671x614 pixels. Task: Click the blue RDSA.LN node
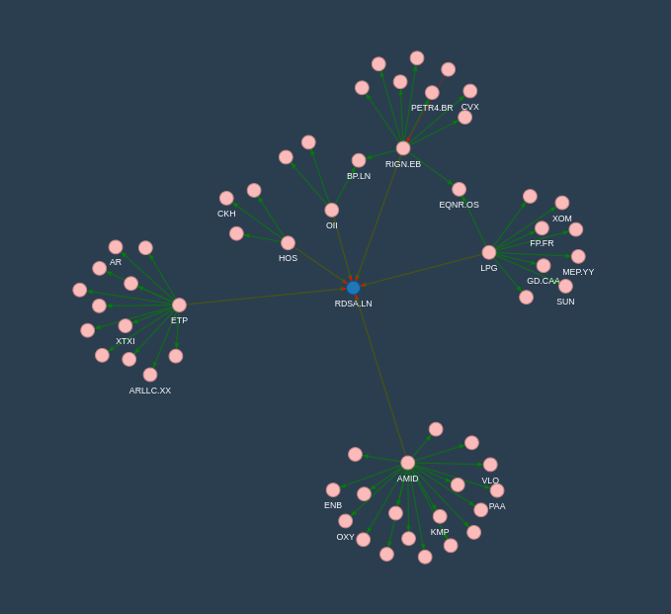353,288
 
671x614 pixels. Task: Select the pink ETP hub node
179,305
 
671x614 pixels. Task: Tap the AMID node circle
408,463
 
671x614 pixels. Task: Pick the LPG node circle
489,252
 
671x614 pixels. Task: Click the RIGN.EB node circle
403,148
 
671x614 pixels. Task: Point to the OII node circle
332,210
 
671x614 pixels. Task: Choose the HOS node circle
288,243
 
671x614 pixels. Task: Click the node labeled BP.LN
359,160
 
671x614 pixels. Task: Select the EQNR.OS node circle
460,189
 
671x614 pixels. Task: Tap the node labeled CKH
226,198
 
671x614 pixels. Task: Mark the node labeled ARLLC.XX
150,375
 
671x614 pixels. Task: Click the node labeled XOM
562,203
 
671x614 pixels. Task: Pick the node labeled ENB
333,489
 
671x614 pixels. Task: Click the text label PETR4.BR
432,108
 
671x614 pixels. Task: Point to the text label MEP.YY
578,272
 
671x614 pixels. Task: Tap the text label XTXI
126,341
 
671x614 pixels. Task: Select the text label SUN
565,302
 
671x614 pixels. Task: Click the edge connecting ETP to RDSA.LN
266,297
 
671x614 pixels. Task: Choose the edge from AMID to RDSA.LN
380,375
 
